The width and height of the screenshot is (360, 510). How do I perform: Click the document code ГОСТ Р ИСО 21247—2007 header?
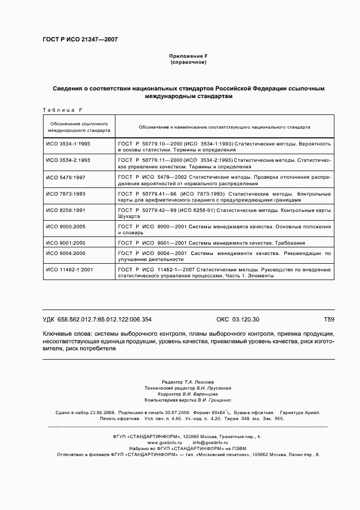tap(80, 40)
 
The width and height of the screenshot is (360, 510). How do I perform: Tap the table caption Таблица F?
tap(62, 110)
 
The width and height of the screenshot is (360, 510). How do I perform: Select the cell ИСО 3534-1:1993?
tap(68, 143)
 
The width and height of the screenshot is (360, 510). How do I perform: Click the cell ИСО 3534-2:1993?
tap(68, 160)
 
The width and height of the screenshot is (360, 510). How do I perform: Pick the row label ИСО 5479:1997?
tap(66, 177)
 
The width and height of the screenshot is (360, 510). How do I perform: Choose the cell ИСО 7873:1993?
tap(66, 193)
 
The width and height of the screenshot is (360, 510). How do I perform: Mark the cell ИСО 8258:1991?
tap(66, 210)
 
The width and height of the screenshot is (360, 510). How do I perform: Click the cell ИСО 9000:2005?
tap(66, 226)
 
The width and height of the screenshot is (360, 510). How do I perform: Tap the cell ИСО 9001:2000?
tap(66, 242)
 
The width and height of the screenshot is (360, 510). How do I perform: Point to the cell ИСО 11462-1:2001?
tap(70, 270)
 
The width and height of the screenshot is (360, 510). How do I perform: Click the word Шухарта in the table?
tap(128, 216)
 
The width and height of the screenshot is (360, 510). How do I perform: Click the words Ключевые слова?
tap(67, 333)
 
